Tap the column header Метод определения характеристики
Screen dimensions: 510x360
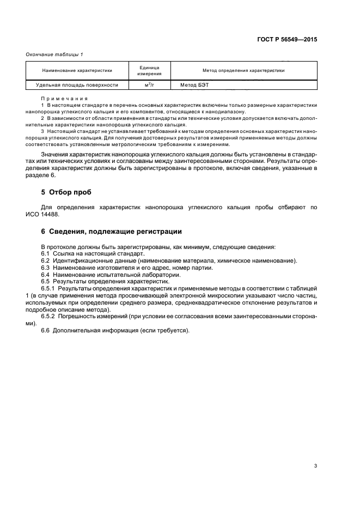(x=243, y=70)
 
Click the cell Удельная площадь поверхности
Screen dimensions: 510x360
(x=77, y=84)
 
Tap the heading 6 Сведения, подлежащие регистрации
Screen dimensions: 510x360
(x=108, y=232)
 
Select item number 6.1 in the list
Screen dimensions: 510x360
(x=47, y=254)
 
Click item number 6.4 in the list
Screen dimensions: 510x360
(x=47, y=275)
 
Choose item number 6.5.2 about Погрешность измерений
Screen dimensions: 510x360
(x=50, y=316)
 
